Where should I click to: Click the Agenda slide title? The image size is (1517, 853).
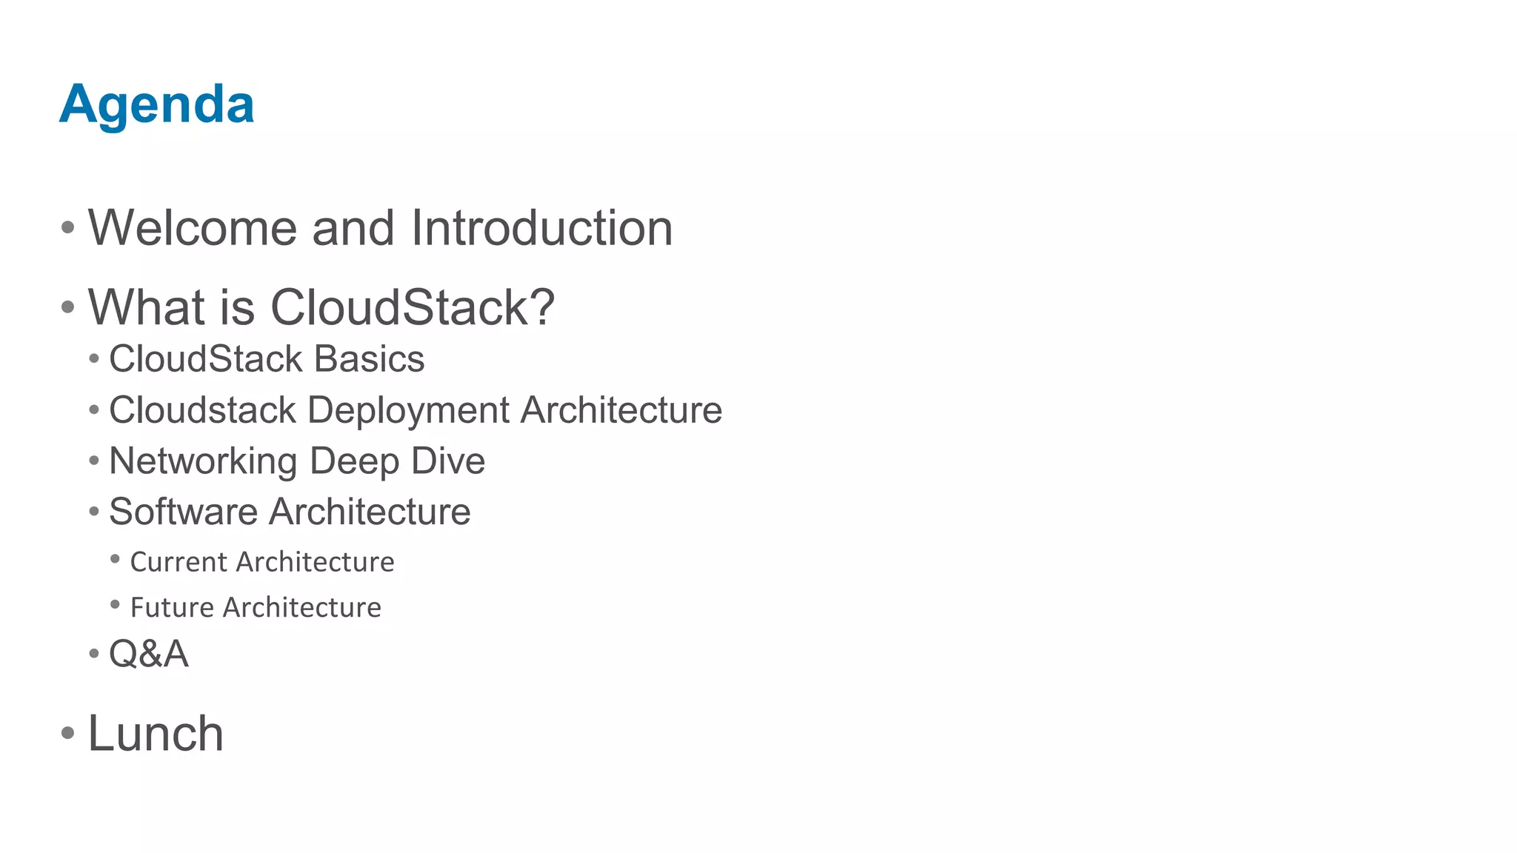click(157, 104)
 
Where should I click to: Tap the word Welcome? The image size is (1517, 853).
click(192, 228)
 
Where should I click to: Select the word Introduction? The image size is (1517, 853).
click(541, 228)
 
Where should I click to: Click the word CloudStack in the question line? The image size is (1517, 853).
click(412, 307)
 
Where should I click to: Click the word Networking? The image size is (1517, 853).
click(202, 461)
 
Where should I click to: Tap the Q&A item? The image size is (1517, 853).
click(148, 654)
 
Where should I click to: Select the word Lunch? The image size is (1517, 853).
click(156, 734)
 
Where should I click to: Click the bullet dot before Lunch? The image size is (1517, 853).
click(68, 734)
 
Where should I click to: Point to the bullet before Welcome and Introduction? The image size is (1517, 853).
click(68, 228)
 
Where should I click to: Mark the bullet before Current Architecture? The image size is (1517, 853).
click(115, 560)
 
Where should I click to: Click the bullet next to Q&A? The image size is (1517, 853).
click(94, 654)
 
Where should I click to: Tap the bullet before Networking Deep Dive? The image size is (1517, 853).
click(94, 461)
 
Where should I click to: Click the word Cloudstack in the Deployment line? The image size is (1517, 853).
click(202, 410)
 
